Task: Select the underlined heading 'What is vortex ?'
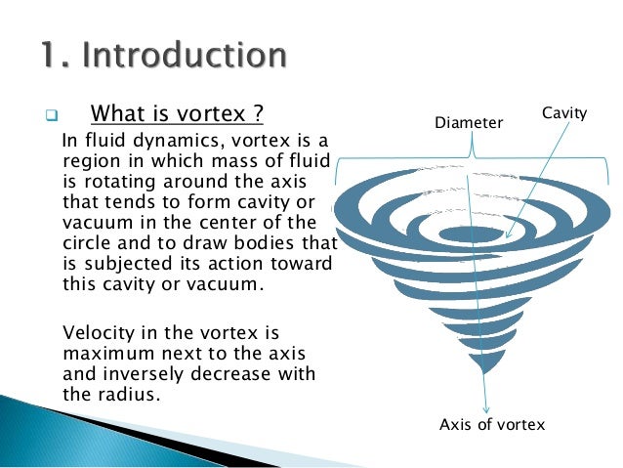(x=177, y=114)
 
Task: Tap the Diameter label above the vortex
(x=469, y=123)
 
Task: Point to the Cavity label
(x=563, y=114)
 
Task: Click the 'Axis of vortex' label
(x=492, y=424)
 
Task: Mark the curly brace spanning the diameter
(x=475, y=150)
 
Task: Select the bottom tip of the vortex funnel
(x=480, y=370)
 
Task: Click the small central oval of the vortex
(x=469, y=234)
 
